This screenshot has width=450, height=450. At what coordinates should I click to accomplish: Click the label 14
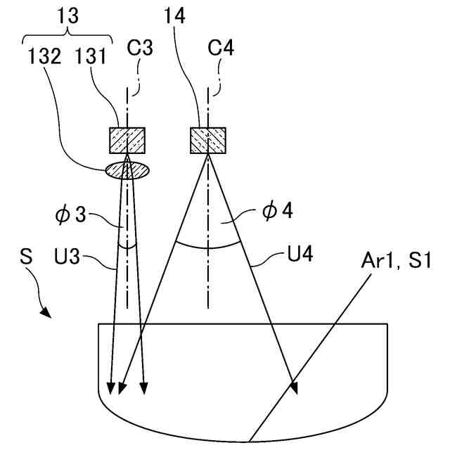click(x=176, y=18)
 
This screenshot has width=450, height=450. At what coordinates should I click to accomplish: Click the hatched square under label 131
click(x=127, y=140)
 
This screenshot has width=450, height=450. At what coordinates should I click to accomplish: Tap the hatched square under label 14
click(x=208, y=140)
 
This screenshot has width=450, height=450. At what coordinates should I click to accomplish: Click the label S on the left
click(x=27, y=258)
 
